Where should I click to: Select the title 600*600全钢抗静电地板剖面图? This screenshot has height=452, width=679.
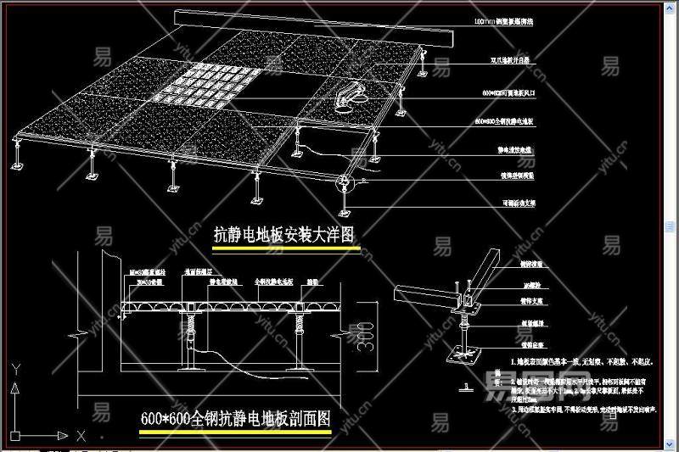coord(235,419)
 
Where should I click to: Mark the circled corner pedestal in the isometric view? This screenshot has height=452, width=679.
coord(345,182)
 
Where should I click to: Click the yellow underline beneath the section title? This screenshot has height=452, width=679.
coord(235,432)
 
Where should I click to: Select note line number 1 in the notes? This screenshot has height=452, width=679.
coord(577,361)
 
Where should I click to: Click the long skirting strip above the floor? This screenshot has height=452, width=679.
coord(314,31)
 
